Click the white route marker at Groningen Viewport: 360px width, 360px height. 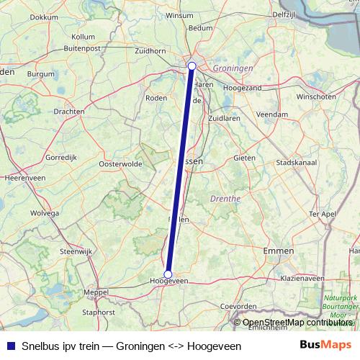[x=192, y=66]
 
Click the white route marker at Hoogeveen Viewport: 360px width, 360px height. [x=168, y=274]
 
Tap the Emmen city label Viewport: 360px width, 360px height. [x=279, y=250]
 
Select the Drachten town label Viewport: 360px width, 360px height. [x=69, y=112]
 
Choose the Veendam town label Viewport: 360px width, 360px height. [x=272, y=114]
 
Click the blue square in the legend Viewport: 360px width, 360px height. [x=10, y=346]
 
